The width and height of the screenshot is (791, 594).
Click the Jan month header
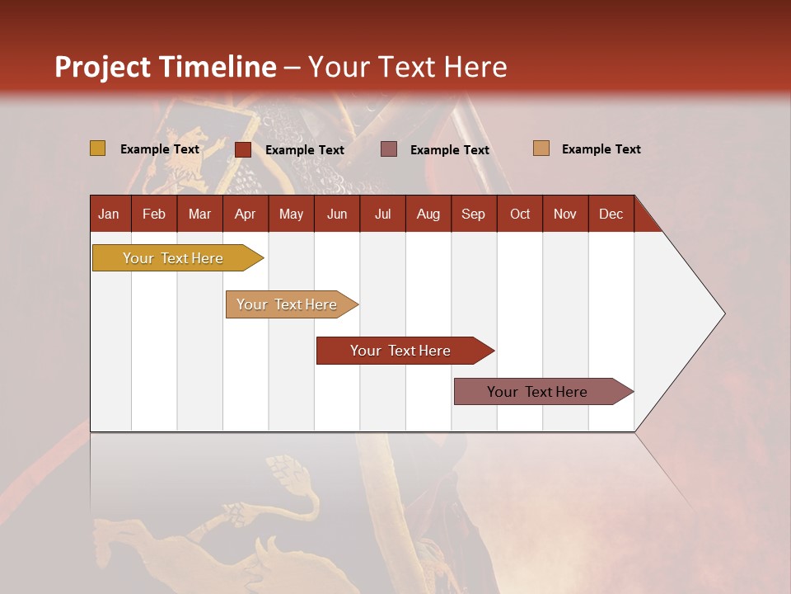click(x=110, y=214)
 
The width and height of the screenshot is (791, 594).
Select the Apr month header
click(x=246, y=214)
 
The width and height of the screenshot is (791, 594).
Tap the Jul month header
click(x=382, y=214)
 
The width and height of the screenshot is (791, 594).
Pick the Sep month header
click(x=474, y=214)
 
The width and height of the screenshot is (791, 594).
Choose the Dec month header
click(x=611, y=214)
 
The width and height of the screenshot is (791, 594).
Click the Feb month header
click(x=154, y=214)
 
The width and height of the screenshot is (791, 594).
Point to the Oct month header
click(x=520, y=214)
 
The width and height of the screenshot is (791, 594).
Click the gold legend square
click(x=98, y=148)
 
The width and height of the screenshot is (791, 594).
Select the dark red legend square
click(x=243, y=149)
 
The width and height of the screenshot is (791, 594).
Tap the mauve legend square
click(x=389, y=149)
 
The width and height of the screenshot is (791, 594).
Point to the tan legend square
click(x=541, y=148)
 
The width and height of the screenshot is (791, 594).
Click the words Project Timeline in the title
click(x=165, y=67)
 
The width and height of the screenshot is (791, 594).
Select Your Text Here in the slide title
click(x=407, y=67)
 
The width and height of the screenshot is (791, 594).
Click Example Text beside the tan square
click(x=601, y=149)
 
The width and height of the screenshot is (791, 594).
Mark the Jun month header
click(x=337, y=214)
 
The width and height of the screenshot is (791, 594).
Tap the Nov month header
click(x=565, y=214)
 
